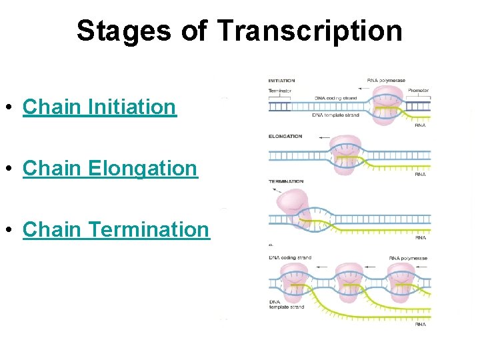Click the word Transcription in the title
[309, 31]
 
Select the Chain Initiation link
[99, 107]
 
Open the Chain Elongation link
[110, 168]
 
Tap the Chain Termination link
[116, 229]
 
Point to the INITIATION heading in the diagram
[281, 81]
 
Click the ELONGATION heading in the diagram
[285, 137]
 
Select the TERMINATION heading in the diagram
[286, 181]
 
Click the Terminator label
[280, 90]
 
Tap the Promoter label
[418, 90]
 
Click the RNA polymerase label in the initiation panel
[386, 81]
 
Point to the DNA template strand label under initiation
[335, 115]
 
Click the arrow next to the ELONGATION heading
[325, 137]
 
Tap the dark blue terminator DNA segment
[279, 106]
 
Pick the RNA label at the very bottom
[420, 325]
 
